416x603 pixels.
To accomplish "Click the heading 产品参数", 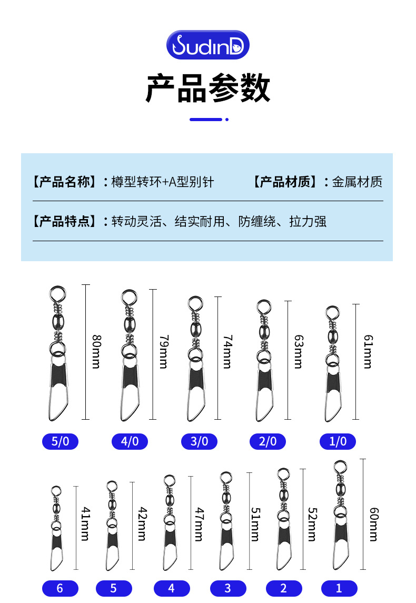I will coord(207,88).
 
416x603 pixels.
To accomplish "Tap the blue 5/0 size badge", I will coord(60,441).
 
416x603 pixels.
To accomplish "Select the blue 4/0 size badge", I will coord(130,441).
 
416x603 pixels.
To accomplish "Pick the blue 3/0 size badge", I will coord(199,441).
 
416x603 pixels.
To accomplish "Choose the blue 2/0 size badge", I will coord(268,441).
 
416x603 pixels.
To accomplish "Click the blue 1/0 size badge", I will coord(338,441).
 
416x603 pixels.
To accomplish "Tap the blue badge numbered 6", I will coord(60,588).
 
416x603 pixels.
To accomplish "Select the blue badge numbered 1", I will coord(339,588).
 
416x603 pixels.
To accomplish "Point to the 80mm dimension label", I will coord(96,351).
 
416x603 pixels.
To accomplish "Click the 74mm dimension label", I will coord(227,351).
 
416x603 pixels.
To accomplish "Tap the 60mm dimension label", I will coord(374,523).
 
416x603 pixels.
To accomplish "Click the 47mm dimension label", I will coord(199,523).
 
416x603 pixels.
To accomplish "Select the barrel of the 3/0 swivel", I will coord(195,329).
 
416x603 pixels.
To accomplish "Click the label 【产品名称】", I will coord(64,182).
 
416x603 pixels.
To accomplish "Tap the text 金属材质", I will coord(358,182).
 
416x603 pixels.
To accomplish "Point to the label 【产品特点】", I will coord(64,221).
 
